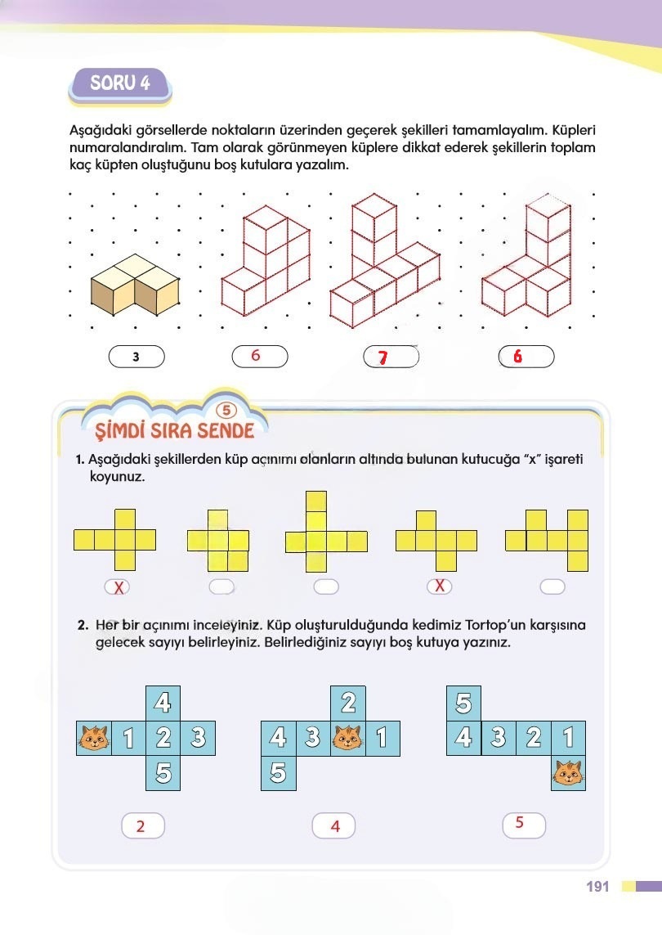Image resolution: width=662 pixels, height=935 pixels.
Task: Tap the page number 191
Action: (x=597, y=887)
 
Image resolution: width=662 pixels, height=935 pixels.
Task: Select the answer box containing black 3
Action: (x=136, y=357)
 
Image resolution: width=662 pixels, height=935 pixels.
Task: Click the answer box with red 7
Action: (x=391, y=357)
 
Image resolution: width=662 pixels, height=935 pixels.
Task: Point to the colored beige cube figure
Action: (x=135, y=285)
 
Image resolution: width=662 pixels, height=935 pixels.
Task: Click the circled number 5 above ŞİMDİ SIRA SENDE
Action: (x=226, y=411)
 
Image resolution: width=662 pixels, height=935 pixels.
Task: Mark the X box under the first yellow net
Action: (x=118, y=587)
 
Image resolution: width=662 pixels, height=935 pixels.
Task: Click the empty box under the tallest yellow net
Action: (x=326, y=587)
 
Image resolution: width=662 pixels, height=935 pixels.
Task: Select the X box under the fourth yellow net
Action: (x=440, y=587)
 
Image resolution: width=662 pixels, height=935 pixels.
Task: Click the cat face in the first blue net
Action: (x=94, y=738)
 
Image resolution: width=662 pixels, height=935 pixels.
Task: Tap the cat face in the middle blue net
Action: (x=348, y=738)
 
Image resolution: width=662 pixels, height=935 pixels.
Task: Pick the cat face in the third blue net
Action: (x=569, y=773)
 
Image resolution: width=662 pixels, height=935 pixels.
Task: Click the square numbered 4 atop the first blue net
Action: (x=163, y=703)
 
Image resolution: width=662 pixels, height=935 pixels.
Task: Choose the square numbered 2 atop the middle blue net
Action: (x=348, y=703)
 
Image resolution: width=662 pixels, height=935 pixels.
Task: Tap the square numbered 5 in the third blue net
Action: (x=463, y=703)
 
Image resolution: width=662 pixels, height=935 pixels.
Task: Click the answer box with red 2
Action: (x=143, y=826)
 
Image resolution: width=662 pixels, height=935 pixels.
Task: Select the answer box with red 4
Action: (x=333, y=826)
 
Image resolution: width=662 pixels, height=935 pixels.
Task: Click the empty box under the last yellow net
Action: (x=552, y=587)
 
